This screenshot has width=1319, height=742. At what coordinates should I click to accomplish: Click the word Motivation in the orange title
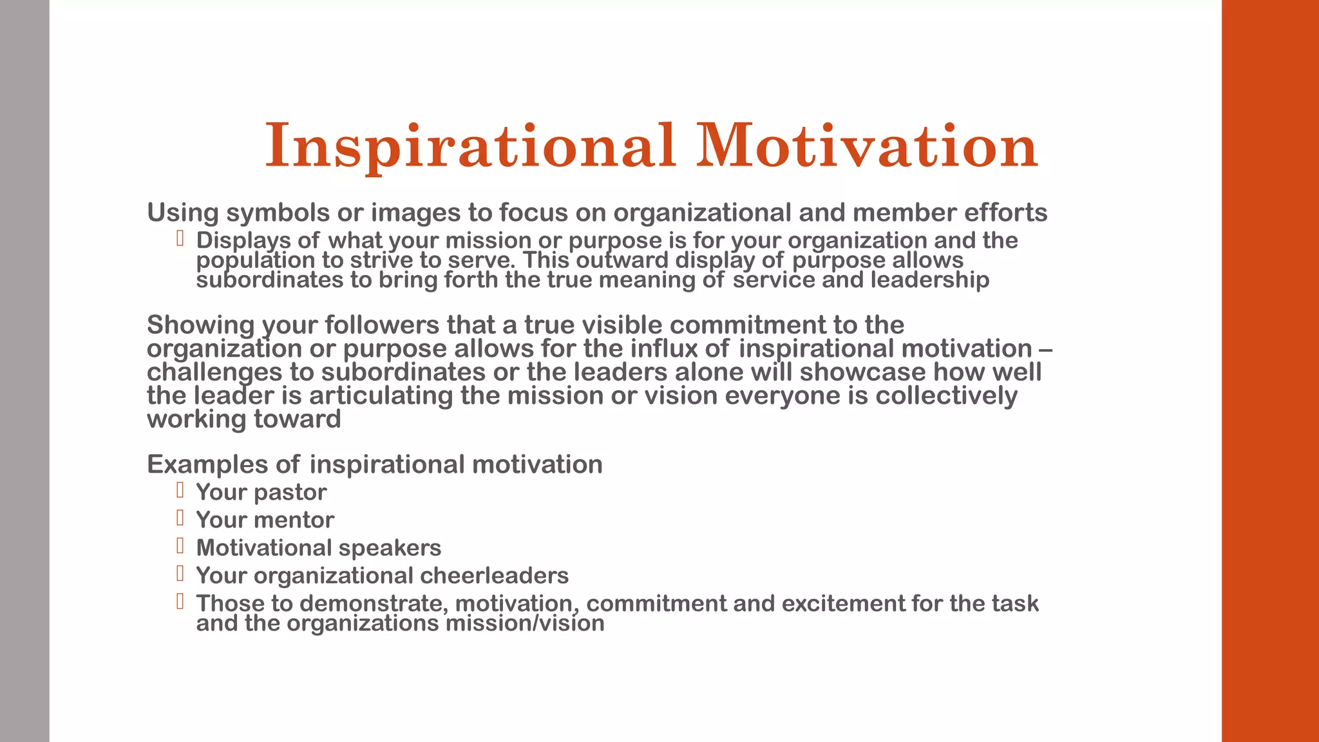click(x=867, y=146)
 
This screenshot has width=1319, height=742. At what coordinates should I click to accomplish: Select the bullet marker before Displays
click(x=180, y=239)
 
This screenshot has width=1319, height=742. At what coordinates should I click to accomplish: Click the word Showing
click(x=200, y=325)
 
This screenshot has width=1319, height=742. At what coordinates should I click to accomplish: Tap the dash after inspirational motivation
click(x=1046, y=349)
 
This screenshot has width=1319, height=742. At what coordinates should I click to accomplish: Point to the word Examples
click(x=207, y=464)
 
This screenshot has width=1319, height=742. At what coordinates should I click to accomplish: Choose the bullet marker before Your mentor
click(x=180, y=518)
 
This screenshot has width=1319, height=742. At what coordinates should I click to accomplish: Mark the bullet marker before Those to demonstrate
click(x=180, y=602)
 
